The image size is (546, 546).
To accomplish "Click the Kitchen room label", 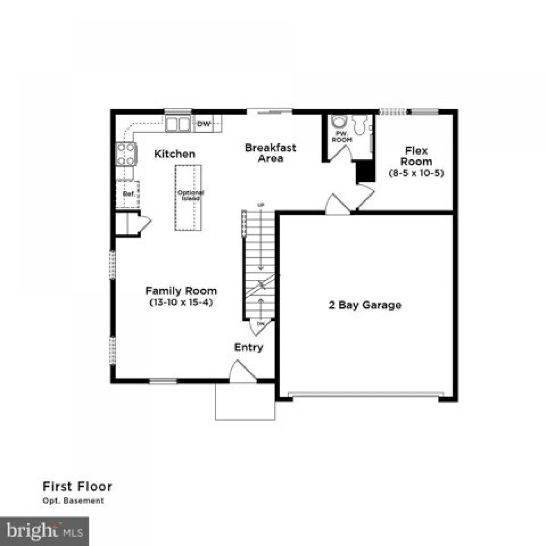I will click(x=175, y=154).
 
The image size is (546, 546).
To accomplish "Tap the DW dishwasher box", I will click(x=203, y=124).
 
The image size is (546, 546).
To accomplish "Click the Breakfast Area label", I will click(x=270, y=153).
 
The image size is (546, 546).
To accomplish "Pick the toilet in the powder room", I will click(x=339, y=122).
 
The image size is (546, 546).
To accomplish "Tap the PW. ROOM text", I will click(x=342, y=136).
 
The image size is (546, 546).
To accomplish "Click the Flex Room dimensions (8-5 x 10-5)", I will click(x=416, y=173).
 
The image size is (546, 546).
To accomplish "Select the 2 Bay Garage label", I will click(x=365, y=305).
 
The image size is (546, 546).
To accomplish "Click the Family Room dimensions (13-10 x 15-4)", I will click(x=181, y=302).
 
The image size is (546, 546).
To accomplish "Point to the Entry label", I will click(x=248, y=348).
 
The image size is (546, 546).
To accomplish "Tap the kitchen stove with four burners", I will click(x=126, y=154).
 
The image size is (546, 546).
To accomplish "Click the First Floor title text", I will click(x=77, y=486).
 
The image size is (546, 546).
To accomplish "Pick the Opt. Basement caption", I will click(x=73, y=501).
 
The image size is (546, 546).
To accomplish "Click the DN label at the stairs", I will click(x=261, y=324).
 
